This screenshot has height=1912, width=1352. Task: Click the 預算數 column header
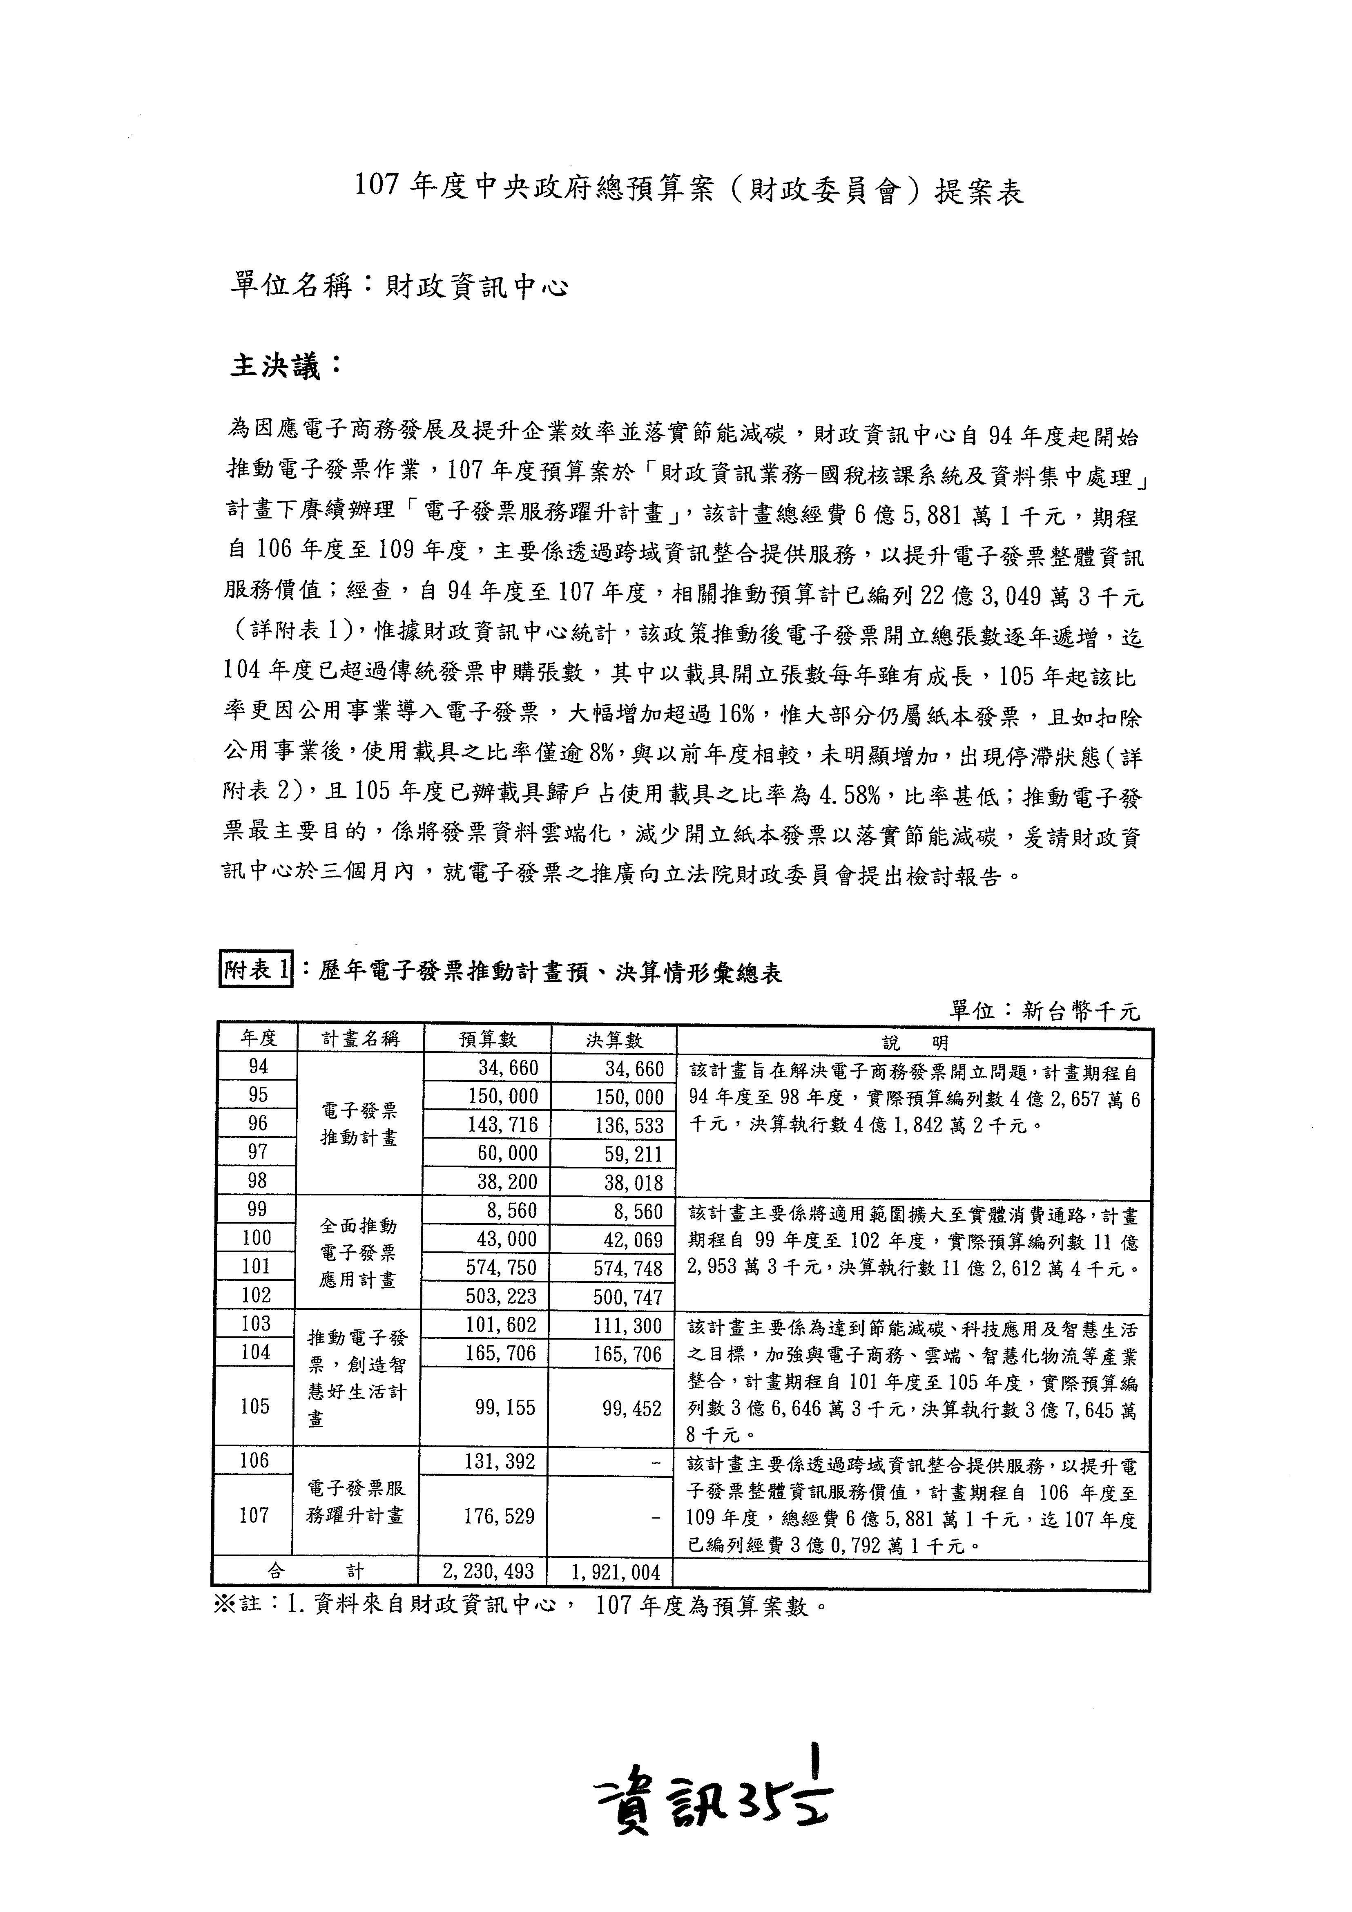click(488, 1039)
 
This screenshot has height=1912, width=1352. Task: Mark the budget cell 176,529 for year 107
click(499, 1516)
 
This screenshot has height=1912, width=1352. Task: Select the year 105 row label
click(256, 1407)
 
